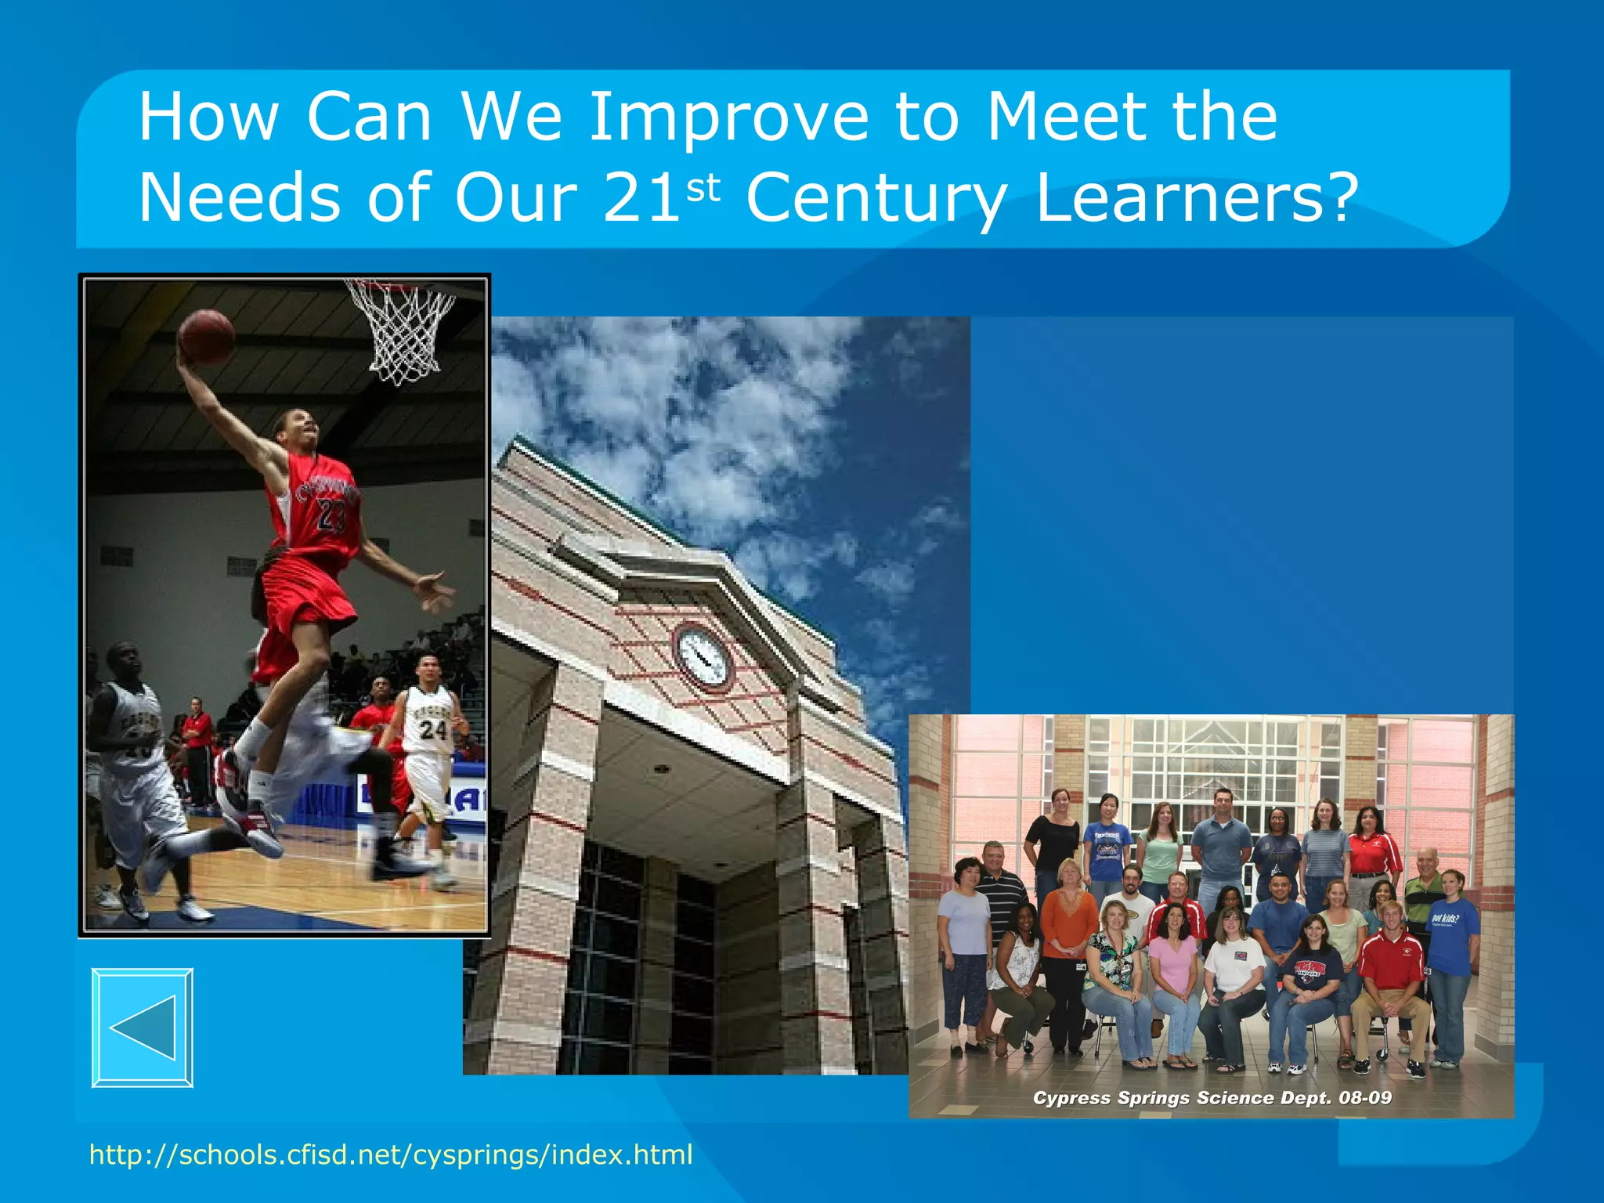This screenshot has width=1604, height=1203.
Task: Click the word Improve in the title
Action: (x=728, y=117)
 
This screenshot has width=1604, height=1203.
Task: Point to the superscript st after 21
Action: (x=703, y=188)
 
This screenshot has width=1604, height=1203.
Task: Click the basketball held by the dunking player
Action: (x=207, y=337)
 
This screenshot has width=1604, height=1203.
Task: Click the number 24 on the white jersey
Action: (x=432, y=730)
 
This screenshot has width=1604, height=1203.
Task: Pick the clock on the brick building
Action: (x=703, y=656)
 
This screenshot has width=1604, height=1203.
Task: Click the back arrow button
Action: (x=143, y=1028)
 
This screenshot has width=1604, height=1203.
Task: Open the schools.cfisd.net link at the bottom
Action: (x=391, y=1154)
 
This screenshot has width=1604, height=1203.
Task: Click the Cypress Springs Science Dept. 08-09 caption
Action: (x=1212, y=1097)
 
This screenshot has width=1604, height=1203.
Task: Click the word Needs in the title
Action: (x=239, y=197)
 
